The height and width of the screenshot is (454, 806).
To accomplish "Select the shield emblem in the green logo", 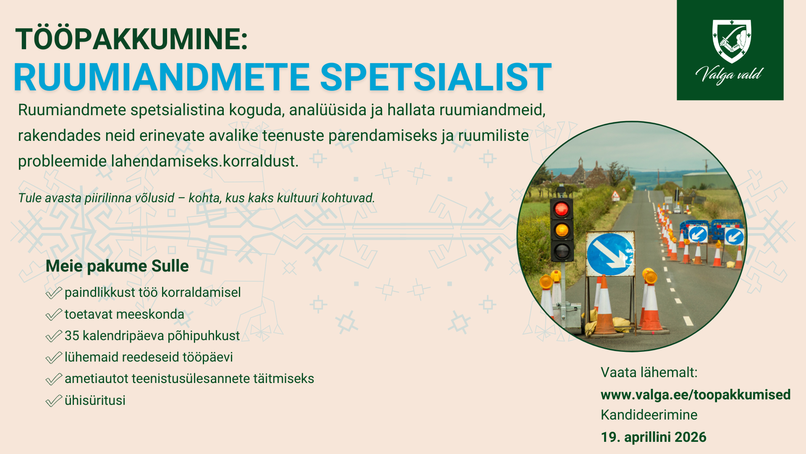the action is point(731,41).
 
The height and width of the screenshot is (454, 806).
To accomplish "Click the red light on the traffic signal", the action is point(562,209).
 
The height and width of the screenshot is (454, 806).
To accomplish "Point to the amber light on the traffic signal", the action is point(562,230).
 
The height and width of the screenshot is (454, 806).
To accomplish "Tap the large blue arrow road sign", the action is point(610,254).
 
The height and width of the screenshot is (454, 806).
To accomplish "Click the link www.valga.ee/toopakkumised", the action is point(696,394).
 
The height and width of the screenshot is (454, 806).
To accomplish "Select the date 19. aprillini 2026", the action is point(654,437).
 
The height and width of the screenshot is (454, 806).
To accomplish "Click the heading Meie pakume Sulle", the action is point(117,266).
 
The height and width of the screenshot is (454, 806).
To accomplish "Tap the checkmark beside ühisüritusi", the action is point(54,401).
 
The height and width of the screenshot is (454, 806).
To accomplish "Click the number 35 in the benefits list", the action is point(72,335).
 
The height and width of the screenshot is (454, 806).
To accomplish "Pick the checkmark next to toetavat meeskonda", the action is point(54,314).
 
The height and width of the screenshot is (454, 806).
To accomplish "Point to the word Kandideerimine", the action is point(649,415).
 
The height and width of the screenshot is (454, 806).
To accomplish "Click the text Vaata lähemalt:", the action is point(649,372).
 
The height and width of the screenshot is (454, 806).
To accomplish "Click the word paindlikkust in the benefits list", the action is point(100,293).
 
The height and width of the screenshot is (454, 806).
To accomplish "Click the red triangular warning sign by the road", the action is point(615,195).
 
